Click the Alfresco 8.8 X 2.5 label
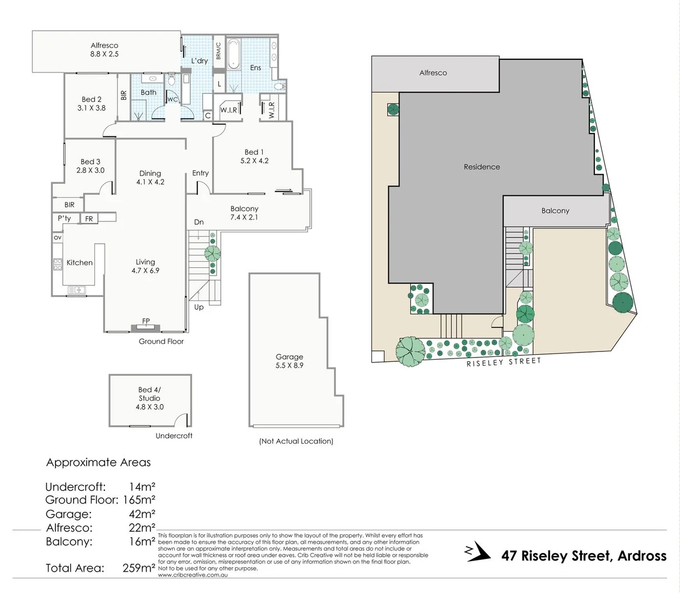coord(104,50)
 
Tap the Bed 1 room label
coord(254,156)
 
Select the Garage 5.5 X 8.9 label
coord(289,361)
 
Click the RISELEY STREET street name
coord(504,362)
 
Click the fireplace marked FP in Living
coord(146,327)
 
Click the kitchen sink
coord(76,289)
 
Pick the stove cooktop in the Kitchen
coord(58,264)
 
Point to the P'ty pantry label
coord(64,219)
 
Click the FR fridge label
coord(89,219)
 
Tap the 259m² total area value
coord(139,568)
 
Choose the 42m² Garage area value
coord(142,514)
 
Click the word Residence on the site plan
coord(482,167)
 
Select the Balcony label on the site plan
coord(555,211)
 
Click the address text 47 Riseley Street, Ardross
coord(583,556)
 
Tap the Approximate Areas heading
coord(98,462)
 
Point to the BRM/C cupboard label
coord(218,51)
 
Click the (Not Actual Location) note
coord(296,441)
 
